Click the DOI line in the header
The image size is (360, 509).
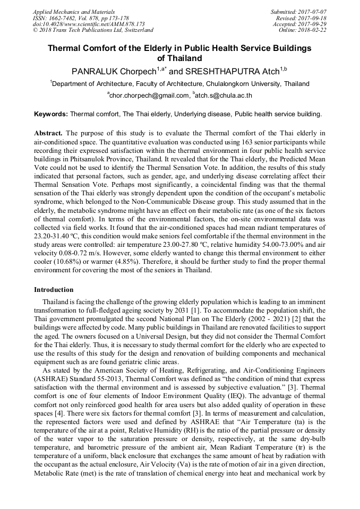pos(89,24)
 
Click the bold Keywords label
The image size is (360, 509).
pos(51,114)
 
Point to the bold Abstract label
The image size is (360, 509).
pos(49,133)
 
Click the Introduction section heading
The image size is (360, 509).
pos(54,290)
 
